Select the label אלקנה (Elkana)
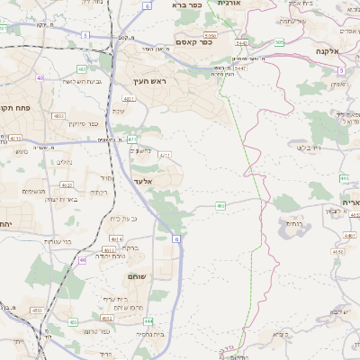(335, 52)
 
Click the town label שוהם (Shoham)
(137, 275)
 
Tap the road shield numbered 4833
(37, 310)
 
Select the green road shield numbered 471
(131, 139)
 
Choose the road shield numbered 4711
(165, 155)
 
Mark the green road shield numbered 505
(279, 41)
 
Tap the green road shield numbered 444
(148, 320)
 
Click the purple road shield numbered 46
(83, 259)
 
